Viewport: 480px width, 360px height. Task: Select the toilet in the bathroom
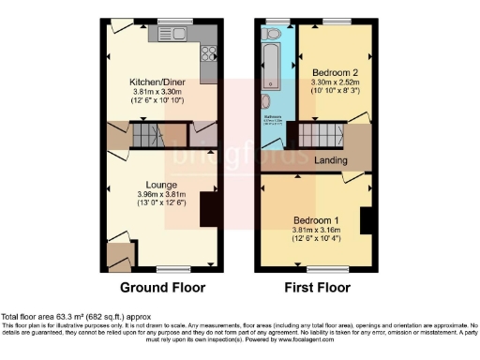(272, 36)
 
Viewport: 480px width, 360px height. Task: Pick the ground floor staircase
(148, 138)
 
